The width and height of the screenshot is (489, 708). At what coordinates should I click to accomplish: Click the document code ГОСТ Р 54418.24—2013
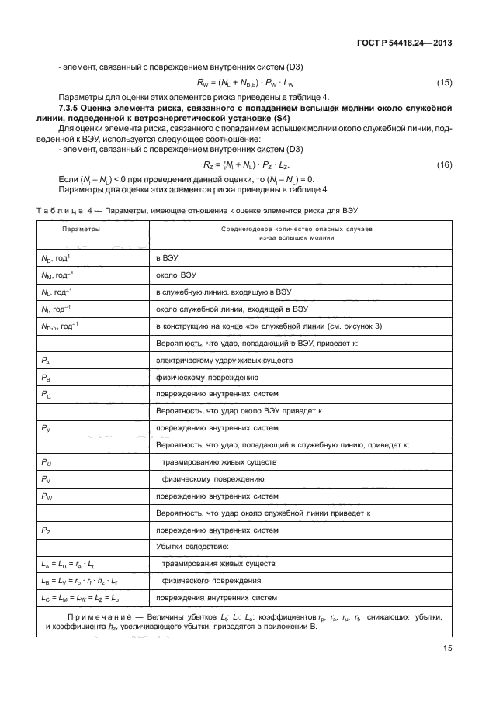[404, 44]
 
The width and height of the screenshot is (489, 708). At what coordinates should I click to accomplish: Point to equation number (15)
[443, 81]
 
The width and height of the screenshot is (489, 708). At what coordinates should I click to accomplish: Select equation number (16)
[443, 165]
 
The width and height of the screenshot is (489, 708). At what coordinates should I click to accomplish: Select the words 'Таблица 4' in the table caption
[58, 211]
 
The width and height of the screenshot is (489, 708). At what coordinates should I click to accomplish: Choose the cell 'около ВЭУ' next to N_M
[175, 275]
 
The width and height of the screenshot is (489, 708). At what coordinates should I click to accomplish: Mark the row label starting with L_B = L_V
[79, 581]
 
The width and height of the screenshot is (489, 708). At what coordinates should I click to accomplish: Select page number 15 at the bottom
[445, 651]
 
